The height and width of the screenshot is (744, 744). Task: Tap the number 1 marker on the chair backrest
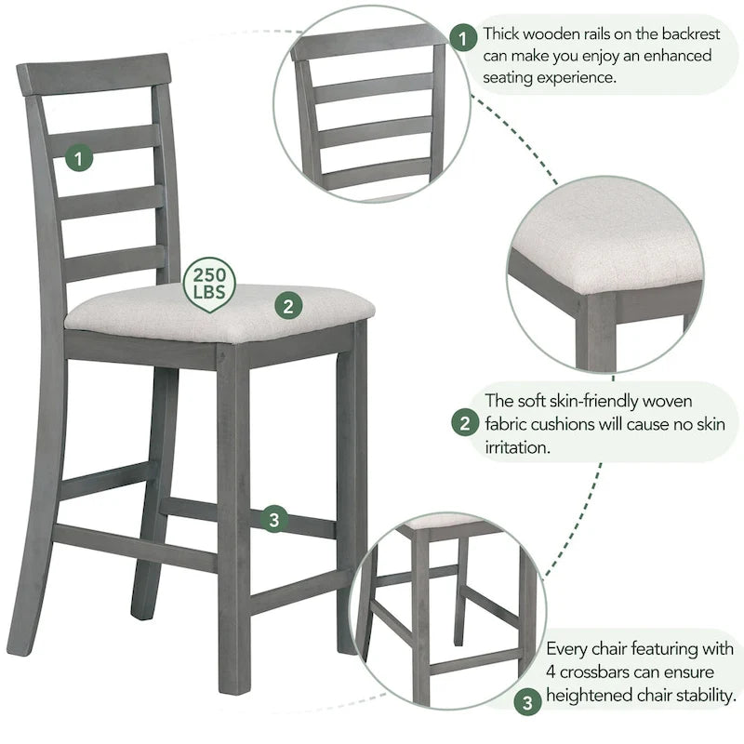pos(80,158)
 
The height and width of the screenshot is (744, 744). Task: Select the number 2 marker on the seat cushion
pos(288,304)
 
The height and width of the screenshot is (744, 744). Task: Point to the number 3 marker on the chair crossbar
pos(272,520)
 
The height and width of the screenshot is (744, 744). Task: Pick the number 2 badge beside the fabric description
pos(464,424)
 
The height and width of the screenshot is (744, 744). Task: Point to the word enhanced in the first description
pos(679,56)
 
